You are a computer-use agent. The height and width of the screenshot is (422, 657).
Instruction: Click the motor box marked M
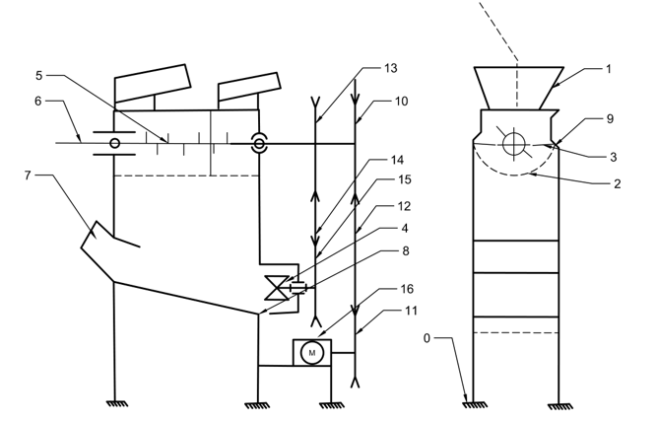(311, 352)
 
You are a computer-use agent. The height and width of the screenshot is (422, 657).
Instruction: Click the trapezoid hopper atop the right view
(519, 86)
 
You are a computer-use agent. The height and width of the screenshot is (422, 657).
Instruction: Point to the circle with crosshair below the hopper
(514, 144)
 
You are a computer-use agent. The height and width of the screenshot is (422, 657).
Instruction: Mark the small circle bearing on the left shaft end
(114, 144)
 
